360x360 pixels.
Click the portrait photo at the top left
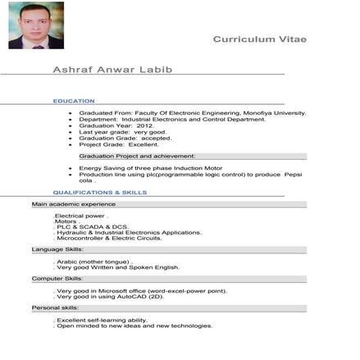pos(35,25)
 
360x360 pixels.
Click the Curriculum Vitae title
pos(259,39)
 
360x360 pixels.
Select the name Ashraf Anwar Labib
pos(112,70)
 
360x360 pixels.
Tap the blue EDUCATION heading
pos(74,101)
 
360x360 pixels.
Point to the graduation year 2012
pos(144,125)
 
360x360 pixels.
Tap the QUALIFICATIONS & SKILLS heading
pos(100,193)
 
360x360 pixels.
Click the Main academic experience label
pos(74,203)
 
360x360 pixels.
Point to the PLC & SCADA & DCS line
pos(93,226)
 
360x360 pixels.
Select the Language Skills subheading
pos(57,249)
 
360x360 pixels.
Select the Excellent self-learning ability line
pos(102,320)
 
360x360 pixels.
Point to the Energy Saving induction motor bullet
pos(150,168)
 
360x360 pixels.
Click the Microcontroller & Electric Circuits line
pos(110,238)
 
